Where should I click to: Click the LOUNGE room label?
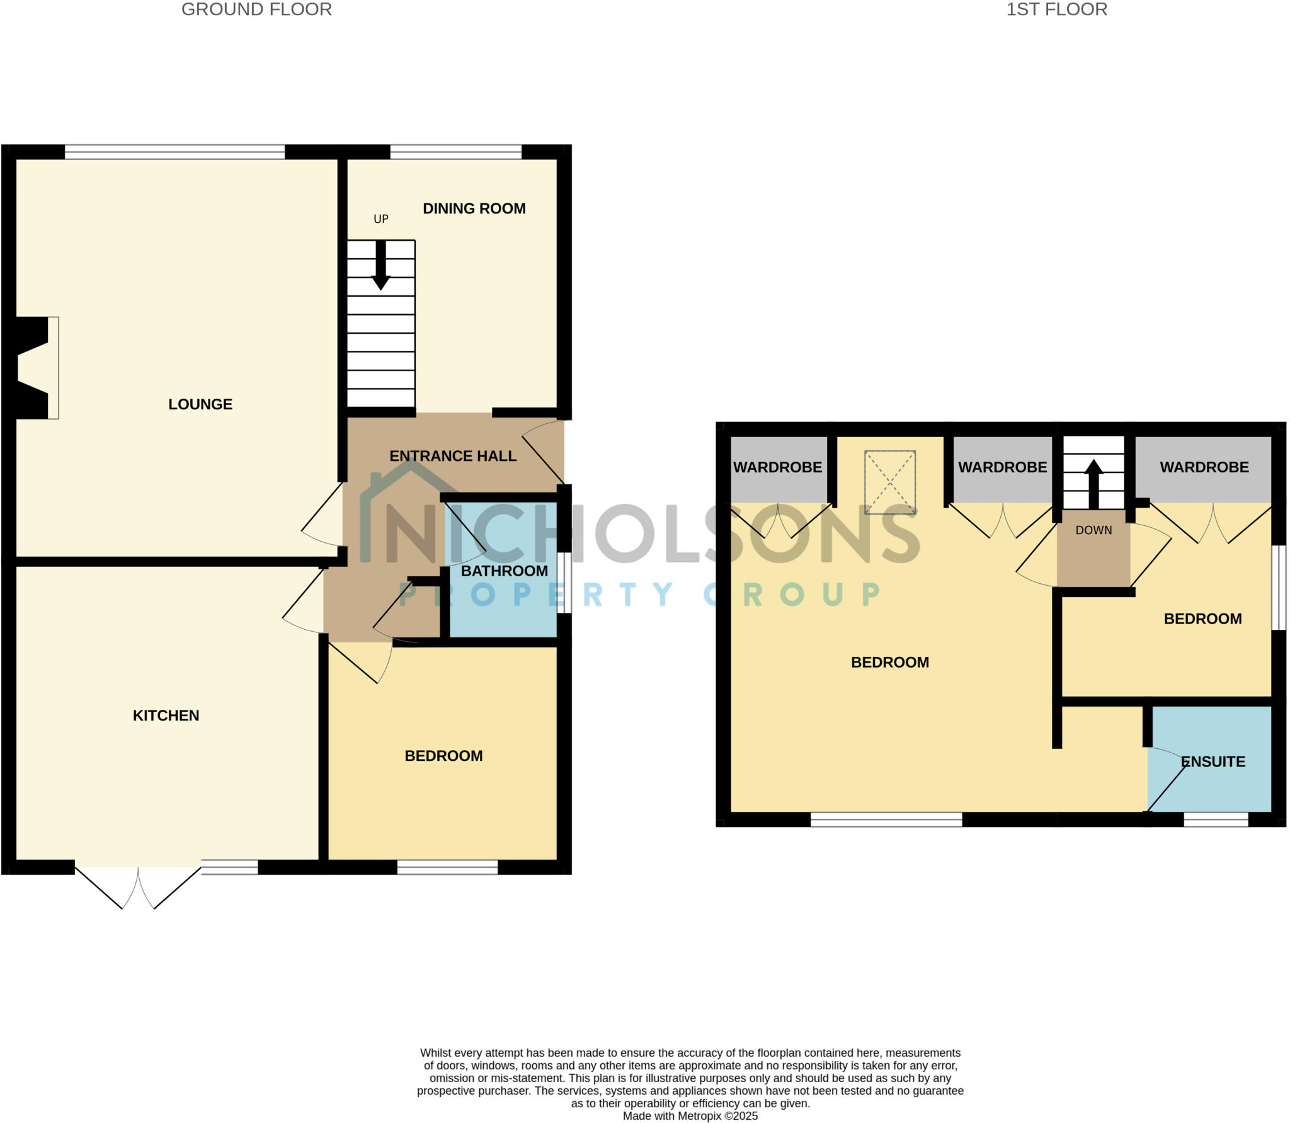tap(200, 404)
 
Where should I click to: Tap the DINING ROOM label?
tap(474, 208)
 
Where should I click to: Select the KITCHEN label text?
tap(166, 715)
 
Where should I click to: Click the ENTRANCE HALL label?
tap(453, 456)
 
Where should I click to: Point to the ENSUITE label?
tap(1213, 762)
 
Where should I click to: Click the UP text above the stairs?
tap(381, 219)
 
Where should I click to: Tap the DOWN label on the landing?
tap(1093, 530)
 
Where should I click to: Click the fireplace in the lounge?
tap(35, 368)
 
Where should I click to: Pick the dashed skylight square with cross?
tap(889, 482)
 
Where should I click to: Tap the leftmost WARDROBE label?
tap(777, 467)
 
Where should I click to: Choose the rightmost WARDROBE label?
tap(1204, 467)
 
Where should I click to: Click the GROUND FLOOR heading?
tap(256, 9)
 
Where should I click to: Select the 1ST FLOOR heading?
tap(1056, 9)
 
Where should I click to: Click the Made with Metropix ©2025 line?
tap(690, 1116)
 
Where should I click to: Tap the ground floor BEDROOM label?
tap(443, 756)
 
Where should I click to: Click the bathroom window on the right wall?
tap(564, 583)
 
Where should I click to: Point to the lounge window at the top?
tap(174, 152)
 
